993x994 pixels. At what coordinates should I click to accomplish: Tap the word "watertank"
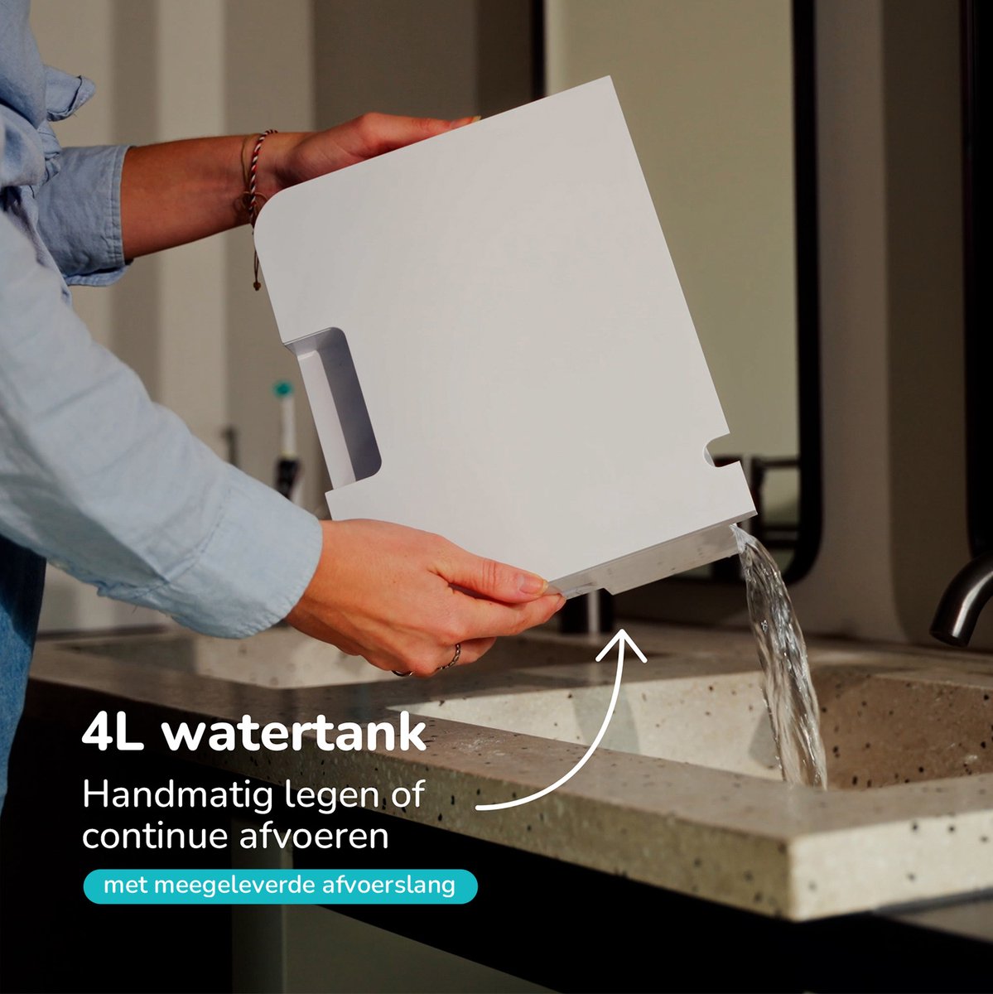point(295,732)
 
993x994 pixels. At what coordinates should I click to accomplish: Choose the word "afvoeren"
point(314,836)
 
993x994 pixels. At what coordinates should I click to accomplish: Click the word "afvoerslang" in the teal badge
point(388,885)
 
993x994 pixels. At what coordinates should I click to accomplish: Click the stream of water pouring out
point(783,655)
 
